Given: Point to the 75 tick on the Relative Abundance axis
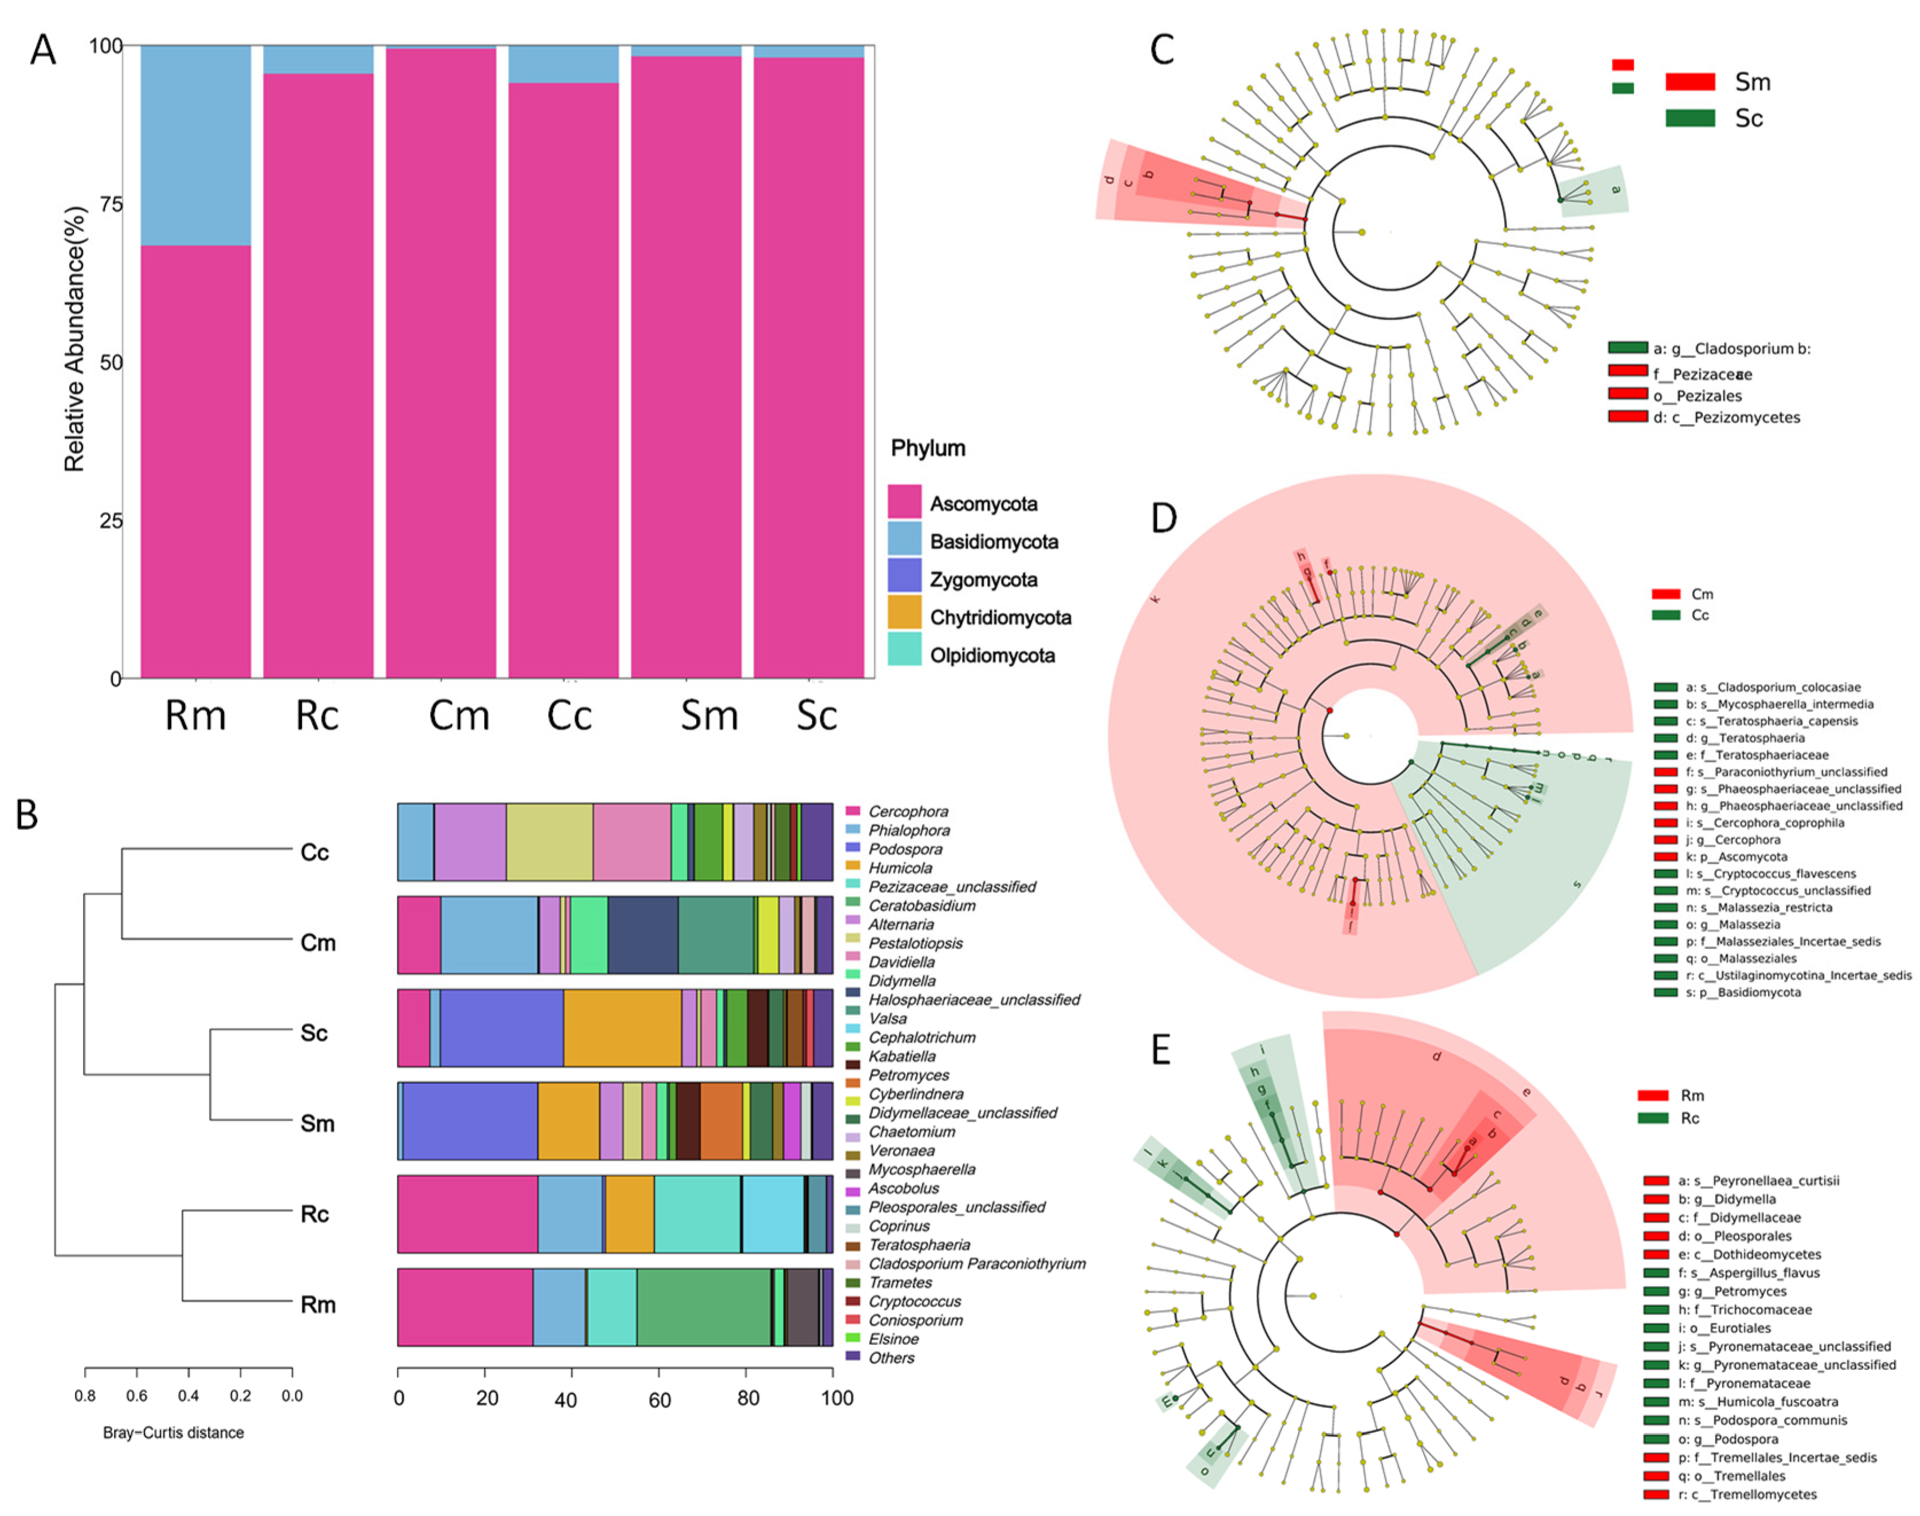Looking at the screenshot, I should pyautogui.click(x=110, y=204).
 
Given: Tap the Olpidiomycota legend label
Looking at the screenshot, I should pyautogui.click(x=991, y=656).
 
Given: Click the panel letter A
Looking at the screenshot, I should pyautogui.click(x=42, y=50).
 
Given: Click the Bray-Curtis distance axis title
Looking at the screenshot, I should pyautogui.click(x=173, y=1432).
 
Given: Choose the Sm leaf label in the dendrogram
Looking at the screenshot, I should pyautogui.click(x=317, y=1124).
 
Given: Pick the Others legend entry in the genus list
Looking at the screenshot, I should pyautogui.click(x=891, y=1358).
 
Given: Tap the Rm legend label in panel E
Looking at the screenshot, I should pyautogui.click(x=1692, y=1095).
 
